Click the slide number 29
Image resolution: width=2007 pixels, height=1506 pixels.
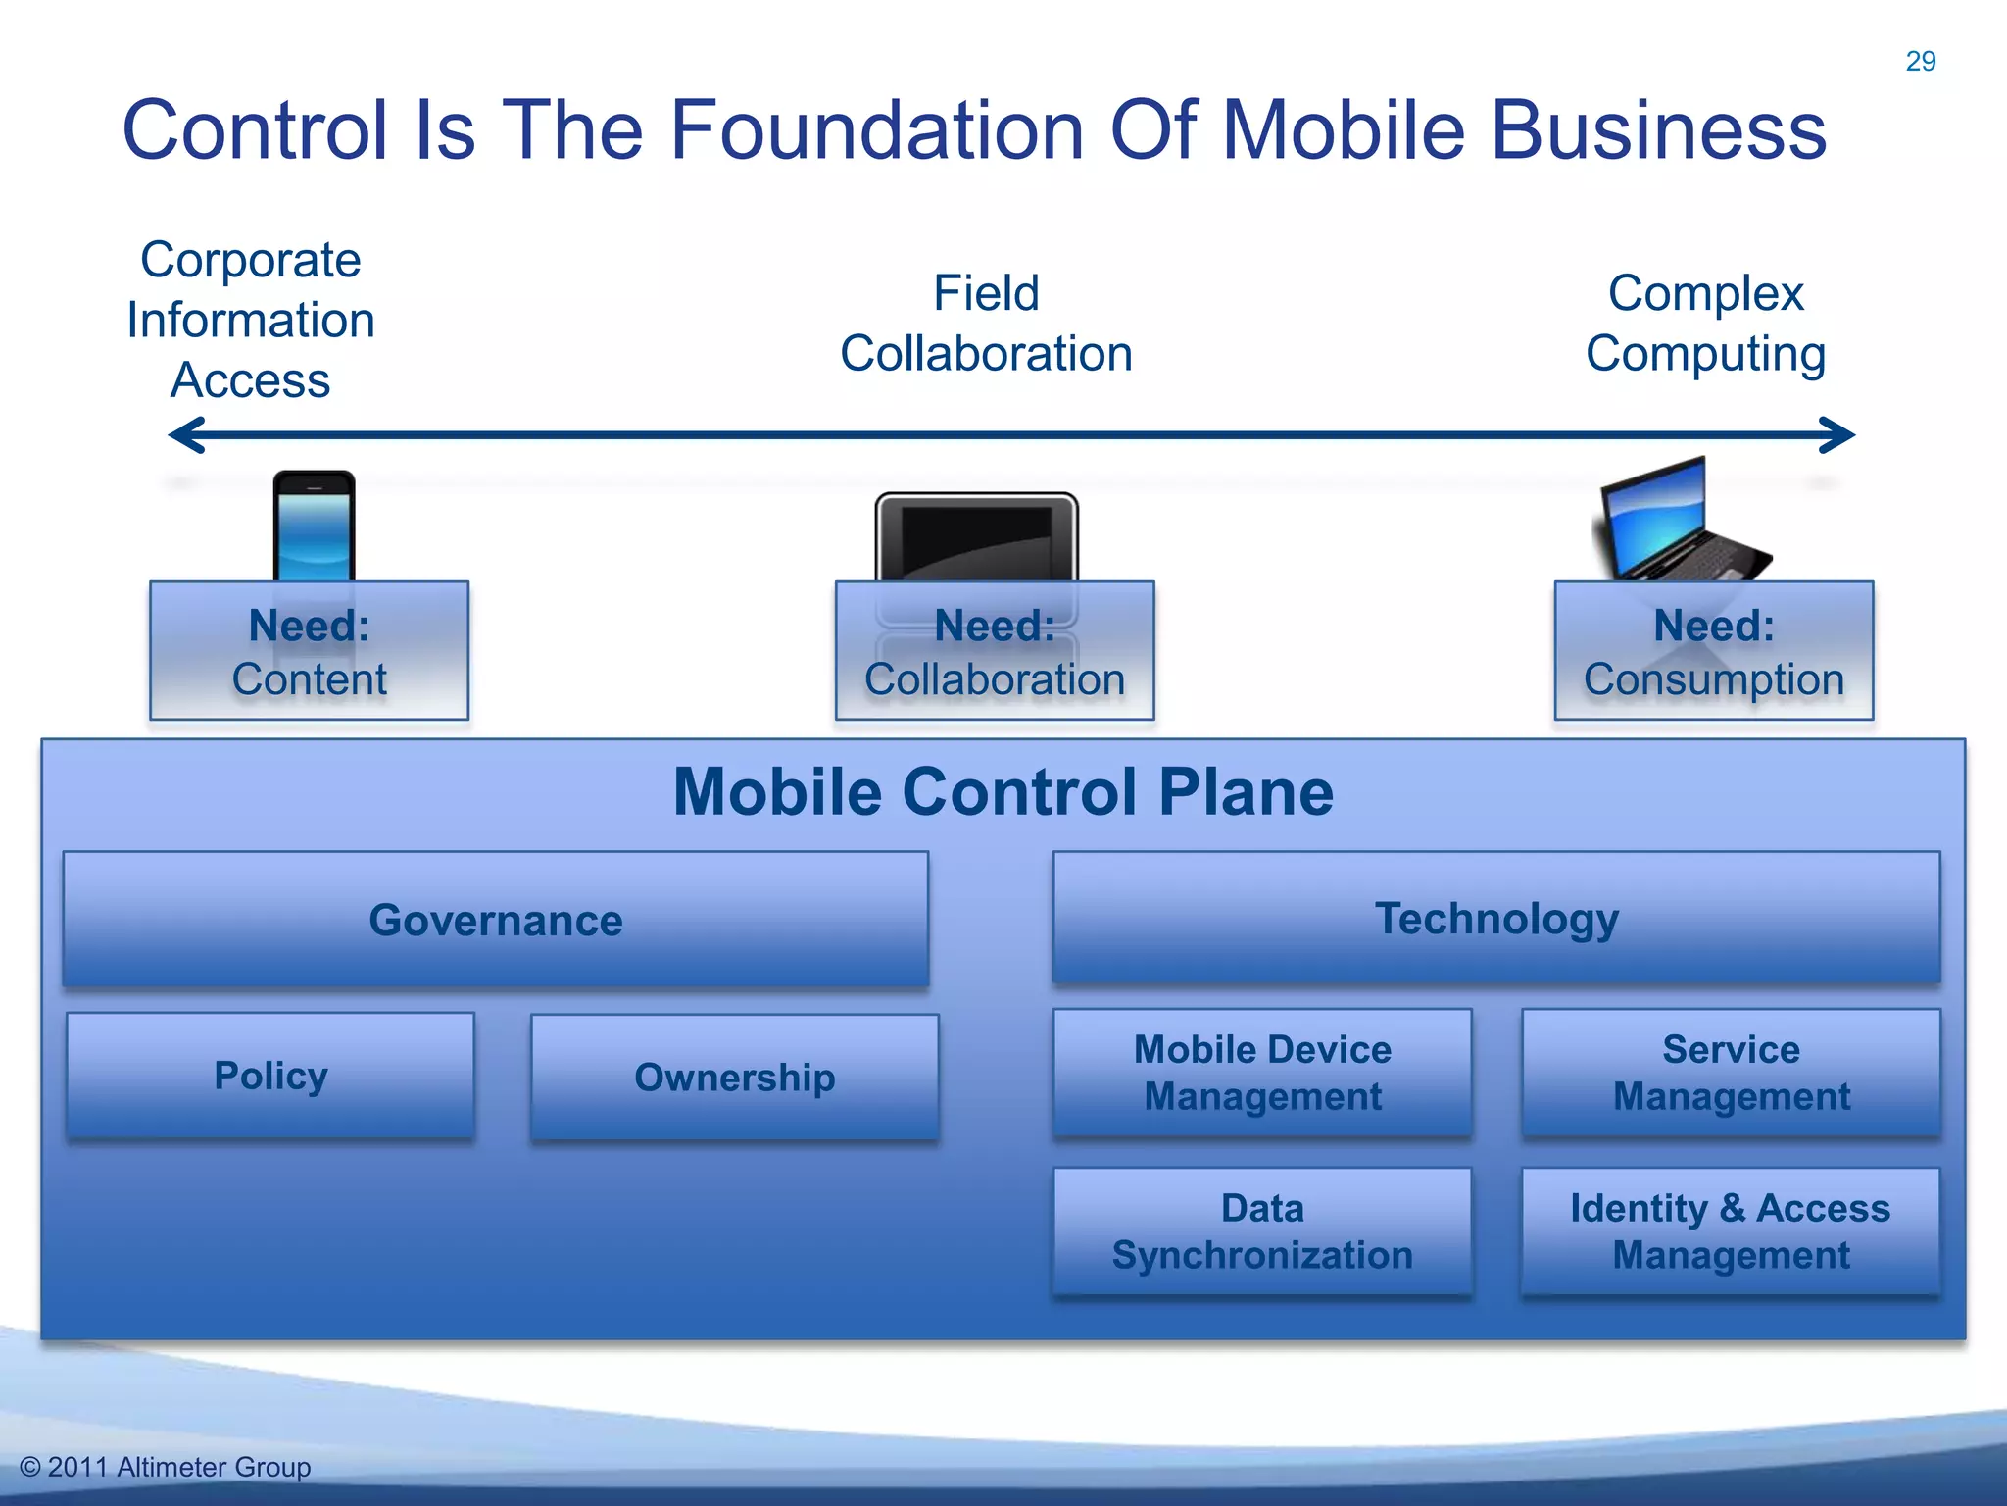click(x=1920, y=61)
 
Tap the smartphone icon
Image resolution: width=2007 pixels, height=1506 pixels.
click(x=314, y=527)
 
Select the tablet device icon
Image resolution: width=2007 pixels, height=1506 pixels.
click(x=976, y=537)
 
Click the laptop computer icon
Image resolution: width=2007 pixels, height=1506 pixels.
click(x=1677, y=521)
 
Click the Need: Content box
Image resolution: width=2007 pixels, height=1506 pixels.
click(x=309, y=651)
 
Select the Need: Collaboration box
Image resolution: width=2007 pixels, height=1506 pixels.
click(x=994, y=651)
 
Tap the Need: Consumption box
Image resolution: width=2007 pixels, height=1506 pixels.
click(x=1713, y=651)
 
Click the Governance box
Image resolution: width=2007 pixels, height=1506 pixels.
click(x=496, y=920)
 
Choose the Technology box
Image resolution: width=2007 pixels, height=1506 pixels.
click(x=1495, y=918)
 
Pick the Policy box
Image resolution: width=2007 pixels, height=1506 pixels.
click(x=270, y=1076)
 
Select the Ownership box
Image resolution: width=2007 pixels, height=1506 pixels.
click(x=734, y=1078)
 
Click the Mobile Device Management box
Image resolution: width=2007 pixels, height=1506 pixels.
click(x=1262, y=1073)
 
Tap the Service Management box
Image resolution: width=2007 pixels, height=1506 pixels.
click(x=1731, y=1073)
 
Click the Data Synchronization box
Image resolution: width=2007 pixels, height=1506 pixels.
click(x=1262, y=1231)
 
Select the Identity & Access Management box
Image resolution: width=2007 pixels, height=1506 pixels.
click(x=1731, y=1231)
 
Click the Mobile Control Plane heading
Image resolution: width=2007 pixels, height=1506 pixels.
click(x=1003, y=791)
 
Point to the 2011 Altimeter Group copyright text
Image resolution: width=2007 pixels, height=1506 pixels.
click(x=166, y=1467)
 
